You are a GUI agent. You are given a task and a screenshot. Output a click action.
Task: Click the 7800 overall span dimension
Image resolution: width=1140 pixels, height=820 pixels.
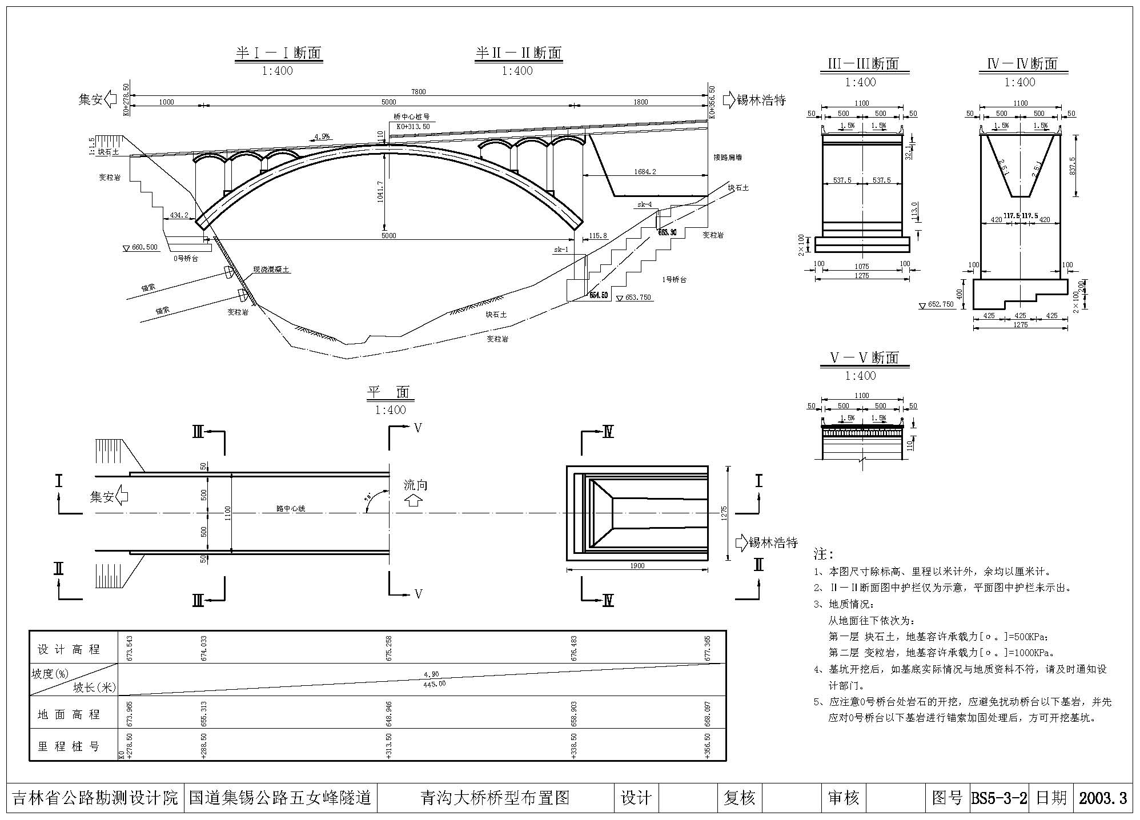pyautogui.click(x=419, y=91)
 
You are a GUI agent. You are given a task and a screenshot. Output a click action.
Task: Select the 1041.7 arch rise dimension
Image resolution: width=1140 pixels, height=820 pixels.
pyautogui.click(x=380, y=191)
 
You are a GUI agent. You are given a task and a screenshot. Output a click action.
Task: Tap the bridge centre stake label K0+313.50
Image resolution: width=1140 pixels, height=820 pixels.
pyautogui.click(x=410, y=126)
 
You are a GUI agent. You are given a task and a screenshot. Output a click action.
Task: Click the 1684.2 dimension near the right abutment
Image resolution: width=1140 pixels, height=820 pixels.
pyautogui.click(x=645, y=171)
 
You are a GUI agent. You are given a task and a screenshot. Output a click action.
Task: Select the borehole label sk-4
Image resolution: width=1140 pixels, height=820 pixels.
pyautogui.click(x=644, y=204)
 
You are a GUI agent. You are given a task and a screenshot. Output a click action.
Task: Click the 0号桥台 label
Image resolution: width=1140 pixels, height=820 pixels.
pyautogui.click(x=186, y=258)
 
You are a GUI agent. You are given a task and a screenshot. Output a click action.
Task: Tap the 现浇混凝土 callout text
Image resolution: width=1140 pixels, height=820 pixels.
pyautogui.click(x=271, y=270)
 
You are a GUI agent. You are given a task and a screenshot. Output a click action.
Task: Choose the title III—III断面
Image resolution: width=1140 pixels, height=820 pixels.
pyautogui.click(x=863, y=64)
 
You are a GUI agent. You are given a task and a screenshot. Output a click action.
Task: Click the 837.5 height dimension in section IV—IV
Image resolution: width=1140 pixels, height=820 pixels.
pyautogui.click(x=1071, y=166)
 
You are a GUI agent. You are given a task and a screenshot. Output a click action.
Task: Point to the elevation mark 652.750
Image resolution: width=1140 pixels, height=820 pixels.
pyautogui.click(x=941, y=305)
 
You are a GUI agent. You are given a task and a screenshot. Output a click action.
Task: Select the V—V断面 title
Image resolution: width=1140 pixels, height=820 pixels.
pyautogui.click(x=864, y=358)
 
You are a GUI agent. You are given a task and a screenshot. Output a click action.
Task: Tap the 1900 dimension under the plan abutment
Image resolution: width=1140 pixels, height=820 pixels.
pyautogui.click(x=637, y=566)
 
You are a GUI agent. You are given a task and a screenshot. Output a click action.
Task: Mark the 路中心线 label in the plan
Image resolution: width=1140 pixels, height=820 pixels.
pyautogui.click(x=291, y=508)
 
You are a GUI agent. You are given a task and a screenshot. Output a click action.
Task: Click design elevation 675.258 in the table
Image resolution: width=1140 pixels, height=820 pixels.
pyautogui.click(x=389, y=648)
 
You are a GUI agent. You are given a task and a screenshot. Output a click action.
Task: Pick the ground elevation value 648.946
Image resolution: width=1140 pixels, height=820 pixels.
pyautogui.click(x=389, y=713)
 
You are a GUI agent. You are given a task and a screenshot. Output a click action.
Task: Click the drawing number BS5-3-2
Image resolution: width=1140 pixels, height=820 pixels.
pyautogui.click(x=999, y=798)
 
